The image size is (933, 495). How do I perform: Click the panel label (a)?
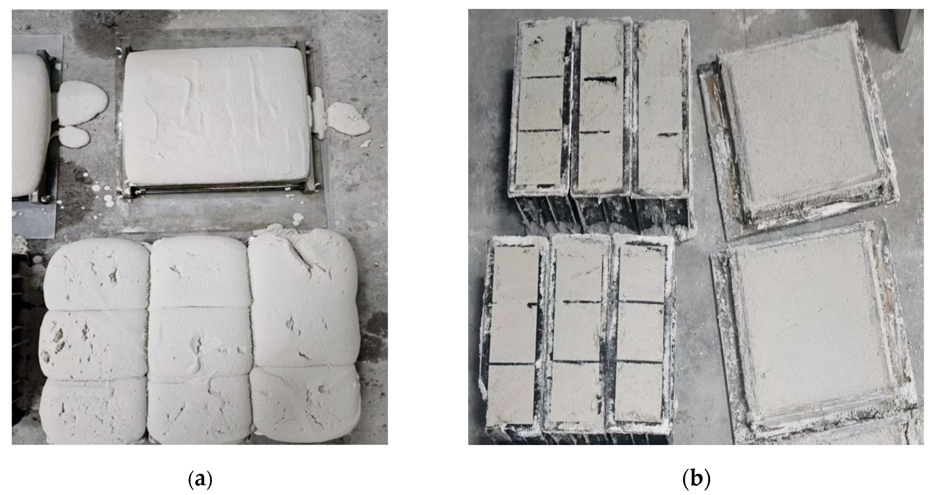tap(200, 479)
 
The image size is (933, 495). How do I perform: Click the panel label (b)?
tap(696, 479)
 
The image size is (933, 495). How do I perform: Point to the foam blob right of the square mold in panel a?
tap(348, 118)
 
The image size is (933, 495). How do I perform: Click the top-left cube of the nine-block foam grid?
tap(97, 274)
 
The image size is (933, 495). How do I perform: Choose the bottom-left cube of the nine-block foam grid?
tap(94, 410)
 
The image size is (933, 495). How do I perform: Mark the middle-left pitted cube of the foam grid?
tap(94, 344)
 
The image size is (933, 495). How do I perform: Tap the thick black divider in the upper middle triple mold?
tap(600, 79)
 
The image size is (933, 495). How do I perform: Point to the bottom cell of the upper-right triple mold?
tap(661, 164)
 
